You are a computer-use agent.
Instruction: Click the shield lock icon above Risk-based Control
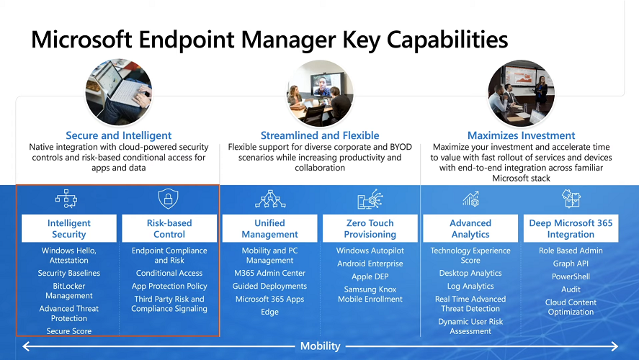click(168, 199)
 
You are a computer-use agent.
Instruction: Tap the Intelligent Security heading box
click(69, 228)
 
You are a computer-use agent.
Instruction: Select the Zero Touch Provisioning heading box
click(370, 228)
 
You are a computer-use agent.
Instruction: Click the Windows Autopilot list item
click(370, 251)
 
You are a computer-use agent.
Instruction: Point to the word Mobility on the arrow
click(321, 346)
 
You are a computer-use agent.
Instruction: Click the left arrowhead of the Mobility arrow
click(26, 346)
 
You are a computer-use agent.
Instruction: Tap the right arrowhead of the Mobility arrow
click(614, 346)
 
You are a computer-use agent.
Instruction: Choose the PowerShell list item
click(571, 276)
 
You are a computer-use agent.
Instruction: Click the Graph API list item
click(571, 264)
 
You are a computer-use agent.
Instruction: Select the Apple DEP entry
click(370, 276)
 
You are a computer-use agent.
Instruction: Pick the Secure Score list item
click(69, 331)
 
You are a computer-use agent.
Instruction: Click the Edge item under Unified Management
click(269, 312)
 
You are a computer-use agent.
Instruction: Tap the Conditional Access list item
click(169, 273)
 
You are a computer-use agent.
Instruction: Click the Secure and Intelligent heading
click(119, 135)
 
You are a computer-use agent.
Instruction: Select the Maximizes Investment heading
click(522, 135)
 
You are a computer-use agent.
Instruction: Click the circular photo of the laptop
click(119, 91)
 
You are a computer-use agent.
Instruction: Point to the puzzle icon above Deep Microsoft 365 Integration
click(571, 198)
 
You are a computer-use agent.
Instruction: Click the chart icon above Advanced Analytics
click(470, 199)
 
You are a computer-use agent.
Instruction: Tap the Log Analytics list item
click(470, 286)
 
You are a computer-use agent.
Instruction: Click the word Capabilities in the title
click(447, 40)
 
